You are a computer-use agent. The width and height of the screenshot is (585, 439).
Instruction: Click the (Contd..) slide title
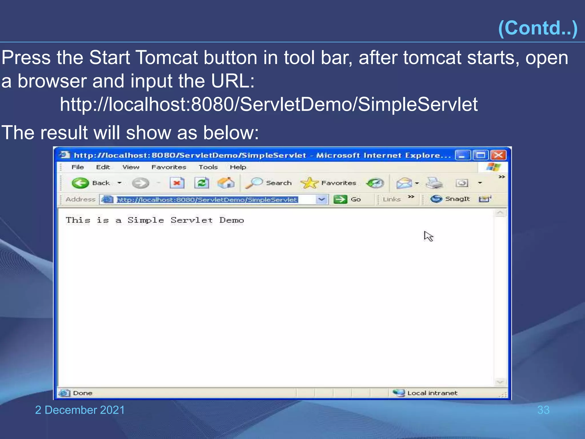(x=538, y=28)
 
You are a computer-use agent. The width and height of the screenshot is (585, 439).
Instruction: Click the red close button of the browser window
(x=498, y=155)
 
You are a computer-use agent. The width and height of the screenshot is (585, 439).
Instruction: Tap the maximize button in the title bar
(x=481, y=155)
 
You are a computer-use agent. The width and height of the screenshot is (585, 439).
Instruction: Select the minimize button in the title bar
(x=462, y=155)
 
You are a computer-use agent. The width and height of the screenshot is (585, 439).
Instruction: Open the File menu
(x=78, y=167)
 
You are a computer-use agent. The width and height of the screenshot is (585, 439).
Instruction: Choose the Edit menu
(x=103, y=167)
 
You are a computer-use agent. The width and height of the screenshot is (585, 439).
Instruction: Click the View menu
(x=131, y=167)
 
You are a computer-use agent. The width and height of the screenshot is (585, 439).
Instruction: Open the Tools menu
(x=208, y=167)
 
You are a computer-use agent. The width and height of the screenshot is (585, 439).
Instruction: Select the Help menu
(x=238, y=167)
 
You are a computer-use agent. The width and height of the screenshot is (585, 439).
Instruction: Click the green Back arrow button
(x=80, y=183)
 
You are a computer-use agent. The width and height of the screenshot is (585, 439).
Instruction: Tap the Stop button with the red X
(x=177, y=183)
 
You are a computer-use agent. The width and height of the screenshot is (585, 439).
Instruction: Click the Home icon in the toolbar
(x=226, y=183)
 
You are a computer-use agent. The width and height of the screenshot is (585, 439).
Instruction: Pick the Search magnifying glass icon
(x=254, y=183)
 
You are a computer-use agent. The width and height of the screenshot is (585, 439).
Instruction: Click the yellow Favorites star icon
(x=309, y=183)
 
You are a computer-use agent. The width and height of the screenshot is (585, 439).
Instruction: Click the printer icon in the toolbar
(x=434, y=183)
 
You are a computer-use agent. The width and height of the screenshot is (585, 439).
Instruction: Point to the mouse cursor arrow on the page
(x=428, y=236)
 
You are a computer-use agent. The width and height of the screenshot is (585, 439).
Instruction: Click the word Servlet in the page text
(x=192, y=220)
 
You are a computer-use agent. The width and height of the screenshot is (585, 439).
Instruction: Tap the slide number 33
(x=543, y=410)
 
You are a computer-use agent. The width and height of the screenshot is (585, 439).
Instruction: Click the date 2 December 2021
(x=80, y=410)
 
